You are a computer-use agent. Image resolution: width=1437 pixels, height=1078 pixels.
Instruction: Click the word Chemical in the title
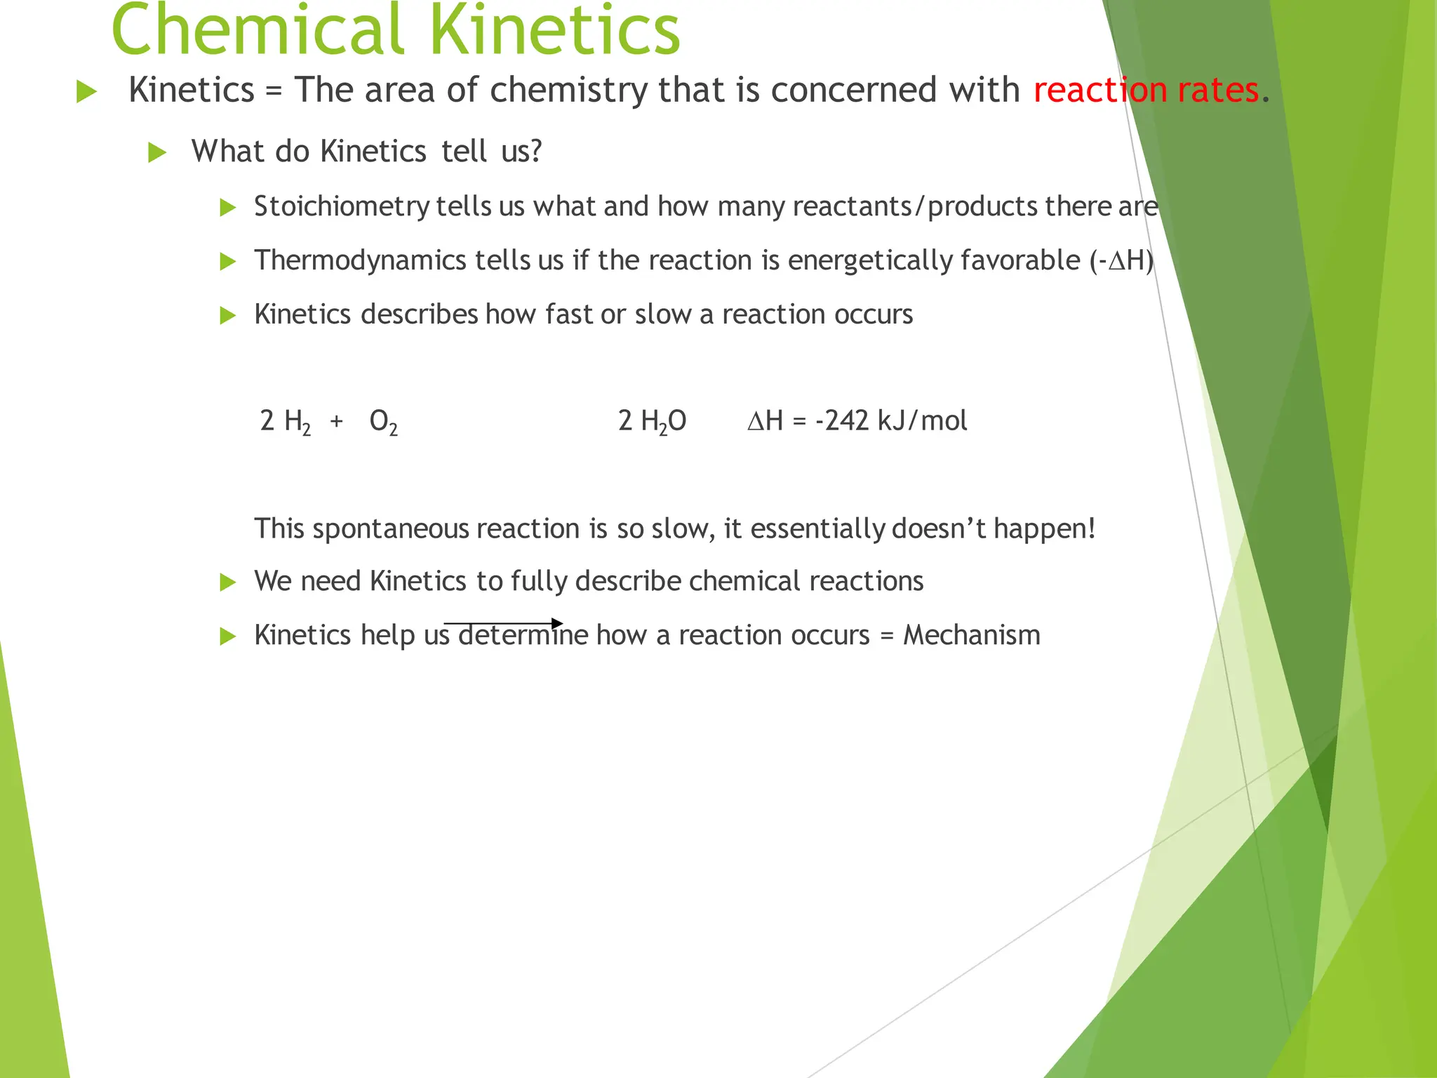[256, 32]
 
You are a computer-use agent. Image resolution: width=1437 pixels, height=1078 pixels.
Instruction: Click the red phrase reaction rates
[1146, 91]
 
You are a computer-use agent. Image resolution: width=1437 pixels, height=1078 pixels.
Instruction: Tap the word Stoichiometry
[342, 206]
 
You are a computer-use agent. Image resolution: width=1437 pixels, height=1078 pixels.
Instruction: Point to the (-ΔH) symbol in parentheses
[1121, 260]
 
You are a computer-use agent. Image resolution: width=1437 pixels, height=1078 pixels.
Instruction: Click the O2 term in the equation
[383, 422]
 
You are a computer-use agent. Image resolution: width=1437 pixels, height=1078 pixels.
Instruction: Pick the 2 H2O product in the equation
[652, 422]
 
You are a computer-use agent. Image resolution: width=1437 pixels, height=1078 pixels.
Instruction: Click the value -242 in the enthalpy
[842, 421]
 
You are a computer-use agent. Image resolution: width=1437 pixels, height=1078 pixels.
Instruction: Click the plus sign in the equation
[337, 421]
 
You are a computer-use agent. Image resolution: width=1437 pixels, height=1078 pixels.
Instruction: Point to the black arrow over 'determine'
[503, 623]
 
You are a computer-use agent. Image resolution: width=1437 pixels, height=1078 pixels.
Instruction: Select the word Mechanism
[971, 635]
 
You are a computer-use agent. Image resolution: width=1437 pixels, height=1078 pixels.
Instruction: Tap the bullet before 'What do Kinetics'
[157, 152]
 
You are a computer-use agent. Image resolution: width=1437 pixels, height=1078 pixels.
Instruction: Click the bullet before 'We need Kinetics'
[227, 582]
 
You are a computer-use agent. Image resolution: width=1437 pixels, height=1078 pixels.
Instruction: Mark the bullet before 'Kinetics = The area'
[86, 91]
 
